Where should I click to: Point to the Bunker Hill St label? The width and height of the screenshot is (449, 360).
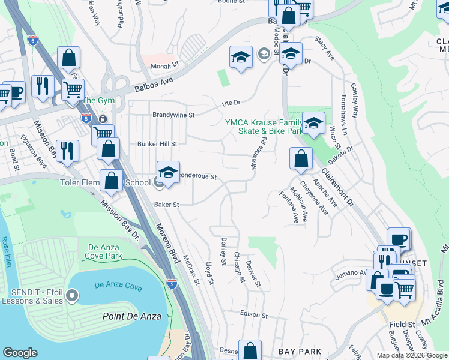pos(157,144)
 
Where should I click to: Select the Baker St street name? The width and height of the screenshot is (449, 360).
pos(166,205)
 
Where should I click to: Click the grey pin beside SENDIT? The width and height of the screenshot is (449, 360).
pos(73,295)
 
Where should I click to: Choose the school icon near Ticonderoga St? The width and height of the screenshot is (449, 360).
pos(168,172)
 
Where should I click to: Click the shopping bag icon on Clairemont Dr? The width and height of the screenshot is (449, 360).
pos(301,159)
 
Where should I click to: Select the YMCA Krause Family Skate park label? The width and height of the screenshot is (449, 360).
pos(264,126)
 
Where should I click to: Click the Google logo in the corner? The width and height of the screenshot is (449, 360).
pos(20,353)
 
